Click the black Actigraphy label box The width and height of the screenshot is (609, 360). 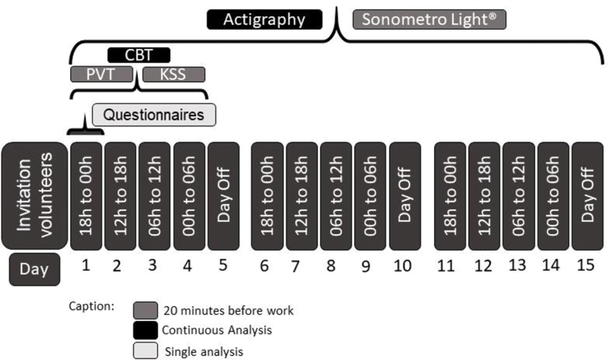[263, 19]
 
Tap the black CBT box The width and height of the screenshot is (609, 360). [139, 55]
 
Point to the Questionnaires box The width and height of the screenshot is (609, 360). [154, 115]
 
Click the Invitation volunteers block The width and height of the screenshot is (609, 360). [33, 194]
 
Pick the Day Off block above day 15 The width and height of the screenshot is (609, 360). [587, 194]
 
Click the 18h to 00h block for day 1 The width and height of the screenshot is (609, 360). [84, 194]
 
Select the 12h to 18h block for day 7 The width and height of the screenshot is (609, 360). [301, 194]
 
